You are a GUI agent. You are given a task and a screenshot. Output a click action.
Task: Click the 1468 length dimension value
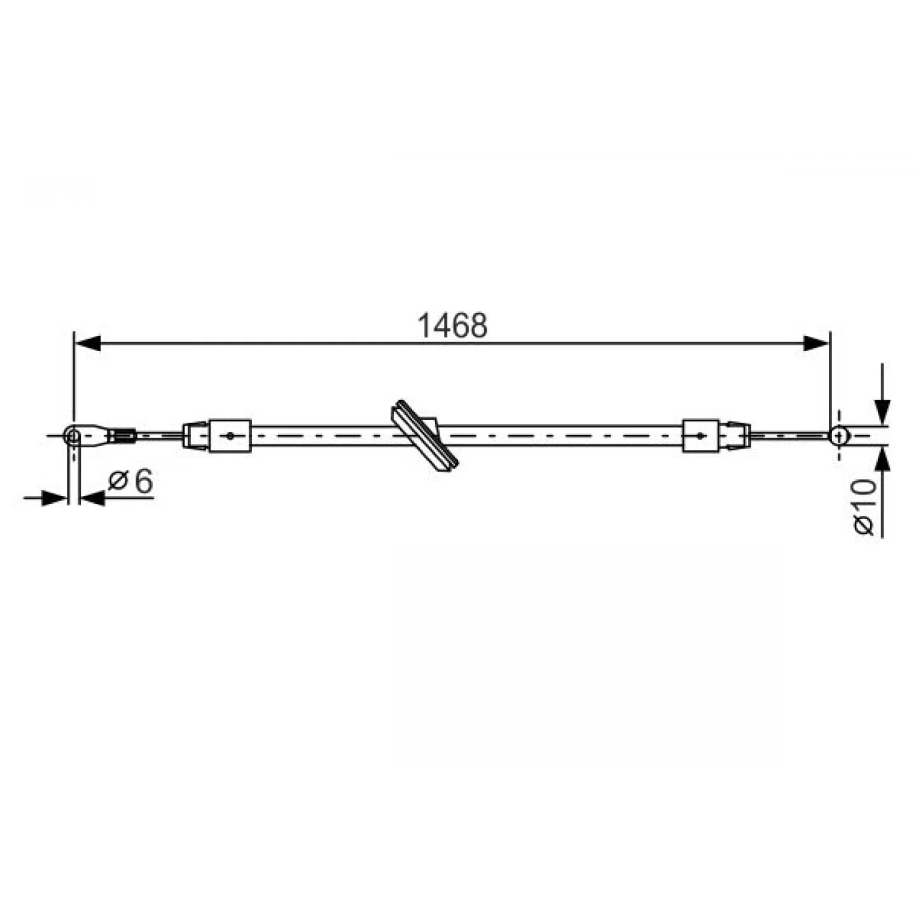pyautogui.click(x=452, y=326)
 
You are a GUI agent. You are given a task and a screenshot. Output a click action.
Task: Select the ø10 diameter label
pyautogui.click(x=864, y=507)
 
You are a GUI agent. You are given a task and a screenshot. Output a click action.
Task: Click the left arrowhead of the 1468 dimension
pyautogui.click(x=88, y=343)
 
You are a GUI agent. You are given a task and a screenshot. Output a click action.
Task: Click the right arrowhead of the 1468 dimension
pyautogui.click(x=815, y=343)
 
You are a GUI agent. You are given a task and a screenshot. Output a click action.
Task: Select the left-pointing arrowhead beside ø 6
pyautogui.click(x=92, y=498)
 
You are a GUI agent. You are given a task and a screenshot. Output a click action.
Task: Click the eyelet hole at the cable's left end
pyautogui.click(x=73, y=435)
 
